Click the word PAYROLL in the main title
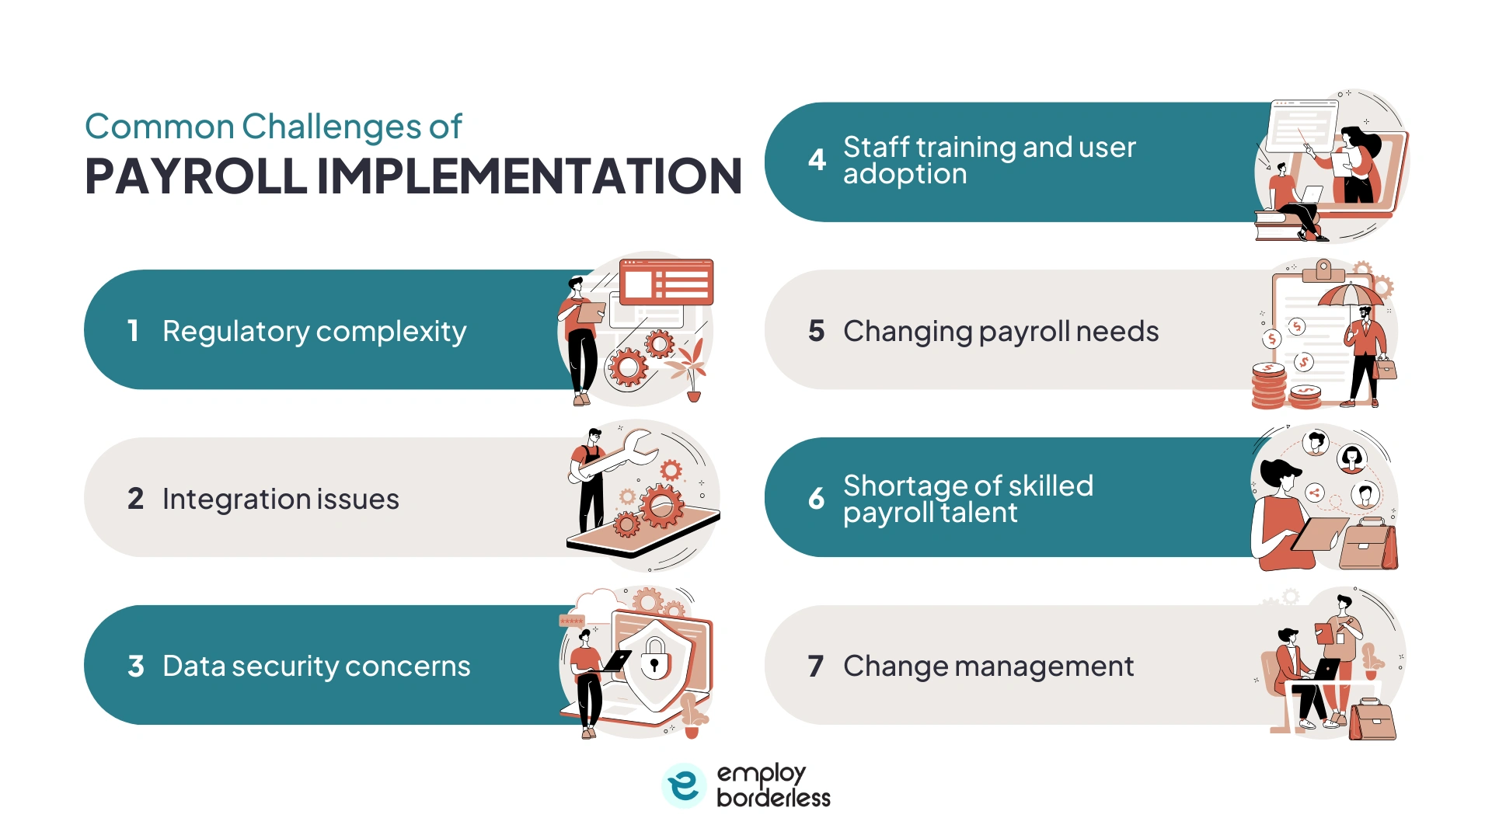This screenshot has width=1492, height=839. [x=196, y=176]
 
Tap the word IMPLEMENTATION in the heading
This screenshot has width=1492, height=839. [x=530, y=176]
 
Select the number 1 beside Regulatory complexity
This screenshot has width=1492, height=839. [x=134, y=331]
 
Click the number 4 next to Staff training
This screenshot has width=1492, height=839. [x=817, y=160]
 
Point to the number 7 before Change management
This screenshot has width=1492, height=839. [x=815, y=666]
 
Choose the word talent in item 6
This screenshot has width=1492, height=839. [x=978, y=513]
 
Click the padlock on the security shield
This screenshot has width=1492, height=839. [x=654, y=657]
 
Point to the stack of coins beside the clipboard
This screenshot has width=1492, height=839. [x=1268, y=385]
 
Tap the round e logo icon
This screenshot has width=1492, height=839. [x=684, y=785]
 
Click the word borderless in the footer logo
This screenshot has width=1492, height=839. [x=773, y=798]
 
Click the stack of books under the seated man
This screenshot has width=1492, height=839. [x=1281, y=225]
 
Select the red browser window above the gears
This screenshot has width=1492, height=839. [x=667, y=281]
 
